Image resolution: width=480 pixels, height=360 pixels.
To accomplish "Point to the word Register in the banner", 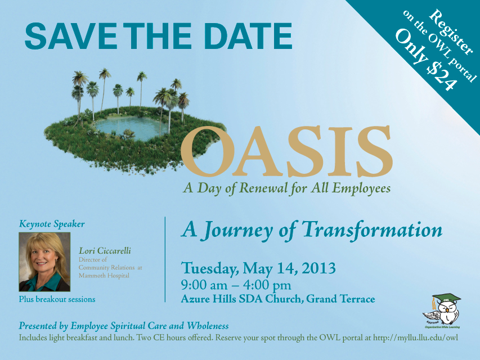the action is (x=451, y=33).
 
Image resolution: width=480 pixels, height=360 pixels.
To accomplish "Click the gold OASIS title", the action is (x=287, y=151).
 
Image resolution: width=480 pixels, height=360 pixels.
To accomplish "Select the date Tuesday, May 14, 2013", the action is (x=258, y=268).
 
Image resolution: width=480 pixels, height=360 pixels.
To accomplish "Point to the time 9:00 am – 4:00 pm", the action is (x=236, y=285).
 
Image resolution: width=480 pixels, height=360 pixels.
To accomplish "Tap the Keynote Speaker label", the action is (x=52, y=224).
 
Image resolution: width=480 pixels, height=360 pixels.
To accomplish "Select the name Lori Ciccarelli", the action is (x=105, y=251).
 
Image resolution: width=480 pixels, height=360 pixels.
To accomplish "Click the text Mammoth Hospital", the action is (x=104, y=276).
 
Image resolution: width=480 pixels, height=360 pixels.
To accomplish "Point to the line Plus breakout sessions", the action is (x=57, y=299).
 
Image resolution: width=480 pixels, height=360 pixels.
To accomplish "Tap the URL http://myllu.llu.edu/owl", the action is (x=415, y=337).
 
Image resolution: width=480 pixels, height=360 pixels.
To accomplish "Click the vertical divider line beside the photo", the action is (x=165, y=259).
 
